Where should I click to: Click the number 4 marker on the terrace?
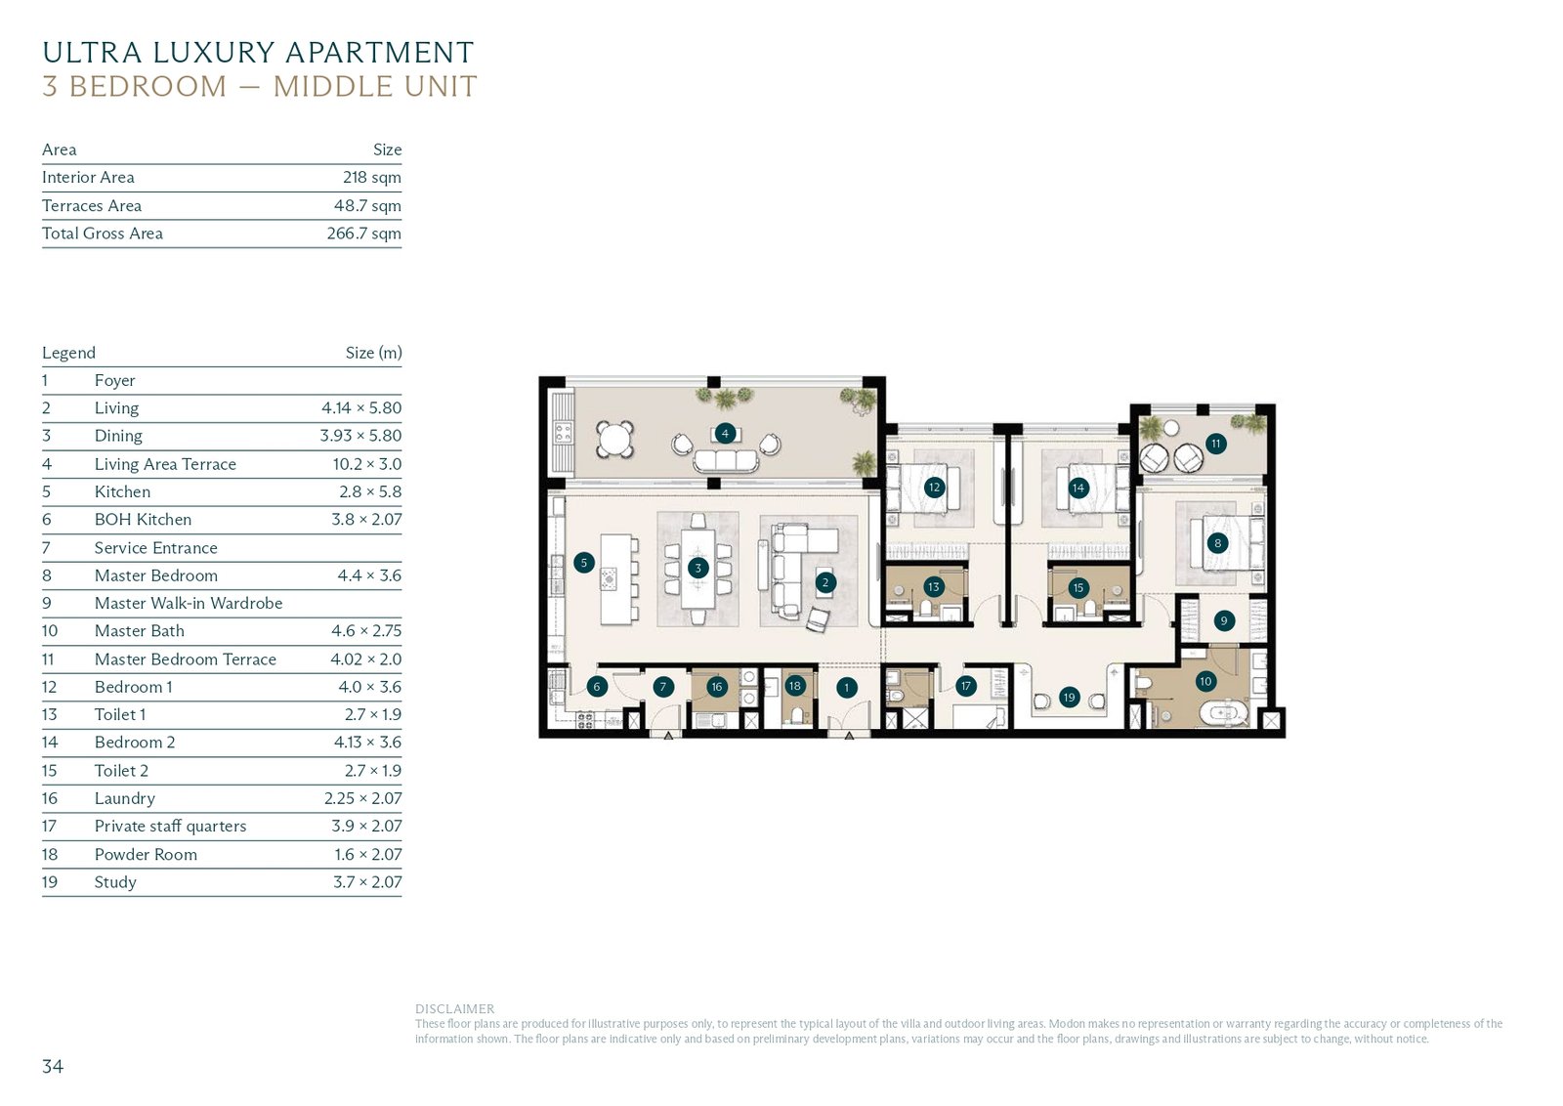point(725,434)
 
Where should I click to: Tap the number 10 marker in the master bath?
point(1205,681)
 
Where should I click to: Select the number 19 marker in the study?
point(1069,697)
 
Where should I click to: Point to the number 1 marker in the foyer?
point(846,688)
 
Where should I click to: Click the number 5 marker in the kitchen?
point(584,563)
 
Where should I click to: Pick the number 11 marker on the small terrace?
point(1216,444)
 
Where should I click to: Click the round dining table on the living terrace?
point(614,440)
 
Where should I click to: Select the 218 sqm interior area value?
point(372,177)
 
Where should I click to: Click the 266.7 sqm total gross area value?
point(364,234)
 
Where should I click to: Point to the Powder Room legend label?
point(146,854)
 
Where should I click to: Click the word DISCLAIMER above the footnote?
point(455,1008)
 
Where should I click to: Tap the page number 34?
point(53,1066)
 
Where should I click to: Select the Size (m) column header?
point(374,353)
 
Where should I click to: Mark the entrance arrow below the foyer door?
point(849,735)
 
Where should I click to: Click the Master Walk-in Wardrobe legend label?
point(189,603)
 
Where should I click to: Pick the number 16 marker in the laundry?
point(717,687)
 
